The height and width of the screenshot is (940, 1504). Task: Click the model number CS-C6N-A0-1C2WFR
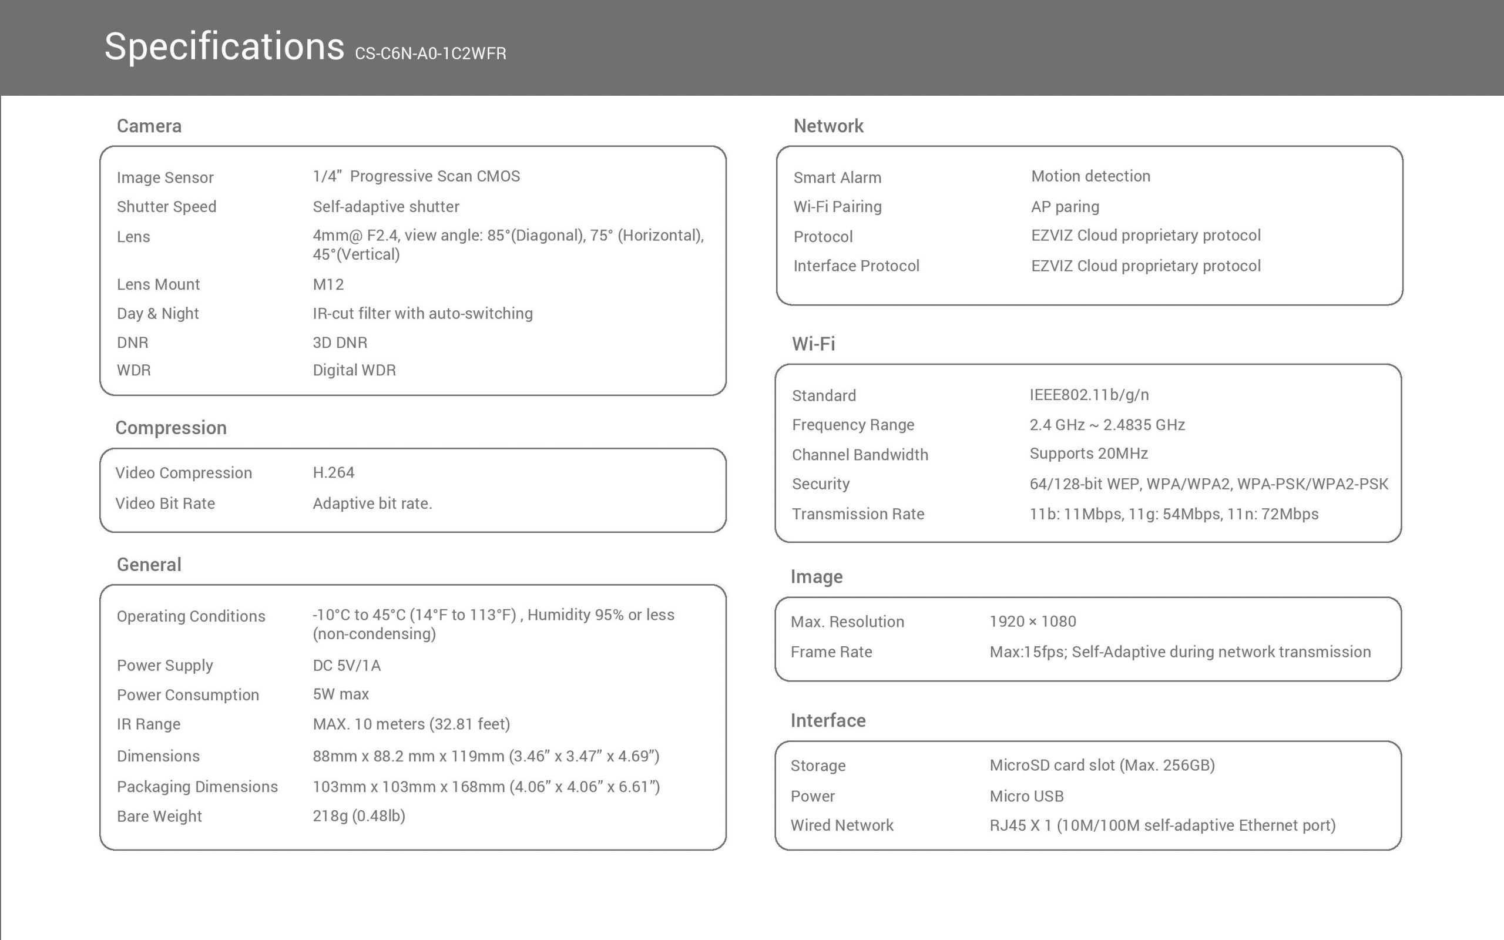(430, 54)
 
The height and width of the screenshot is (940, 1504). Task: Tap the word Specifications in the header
(224, 46)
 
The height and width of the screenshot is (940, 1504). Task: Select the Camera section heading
(149, 126)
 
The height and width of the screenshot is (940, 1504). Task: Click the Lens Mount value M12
(328, 285)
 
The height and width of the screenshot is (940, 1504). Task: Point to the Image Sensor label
(164, 178)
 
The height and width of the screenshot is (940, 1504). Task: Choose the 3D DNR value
(340, 343)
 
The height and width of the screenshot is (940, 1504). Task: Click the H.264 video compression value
(333, 472)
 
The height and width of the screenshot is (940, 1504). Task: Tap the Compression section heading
(171, 428)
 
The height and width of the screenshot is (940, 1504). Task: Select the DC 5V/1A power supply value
(346, 666)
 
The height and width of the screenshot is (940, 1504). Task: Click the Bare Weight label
(159, 816)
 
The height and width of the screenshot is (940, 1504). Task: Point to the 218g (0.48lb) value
(358, 815)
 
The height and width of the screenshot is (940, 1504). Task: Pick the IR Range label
(149, 724)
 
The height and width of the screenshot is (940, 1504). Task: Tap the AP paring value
(1065, 207)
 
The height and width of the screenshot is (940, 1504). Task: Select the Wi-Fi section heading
(813, 344)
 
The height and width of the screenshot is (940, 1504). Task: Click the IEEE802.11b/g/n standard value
(1089, 395)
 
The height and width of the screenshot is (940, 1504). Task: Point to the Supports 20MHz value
(1088, 454)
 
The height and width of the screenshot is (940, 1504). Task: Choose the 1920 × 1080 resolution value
(1032, 622)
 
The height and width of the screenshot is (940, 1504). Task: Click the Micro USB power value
(1026, 797)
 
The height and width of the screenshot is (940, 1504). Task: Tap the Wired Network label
(841, 825)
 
